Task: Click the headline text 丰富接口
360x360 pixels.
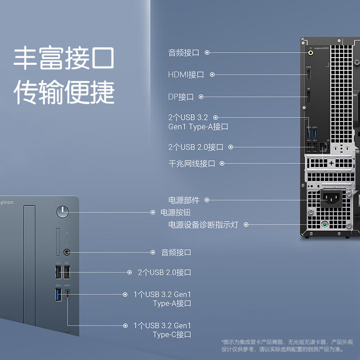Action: [63, 59]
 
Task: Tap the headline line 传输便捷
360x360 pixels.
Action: [63, 92]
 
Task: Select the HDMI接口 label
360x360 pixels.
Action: [186, 74]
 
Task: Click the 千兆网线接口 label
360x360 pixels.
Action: [192, 163]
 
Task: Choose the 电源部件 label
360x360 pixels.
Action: [184, 200]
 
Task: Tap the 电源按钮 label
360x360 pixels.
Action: [172, 212]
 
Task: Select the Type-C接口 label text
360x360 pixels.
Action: [172, 334]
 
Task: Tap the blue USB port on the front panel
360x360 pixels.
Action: [58, 295]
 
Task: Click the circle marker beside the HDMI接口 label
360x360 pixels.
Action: [212, 74]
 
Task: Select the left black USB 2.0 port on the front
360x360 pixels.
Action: [58, 272]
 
